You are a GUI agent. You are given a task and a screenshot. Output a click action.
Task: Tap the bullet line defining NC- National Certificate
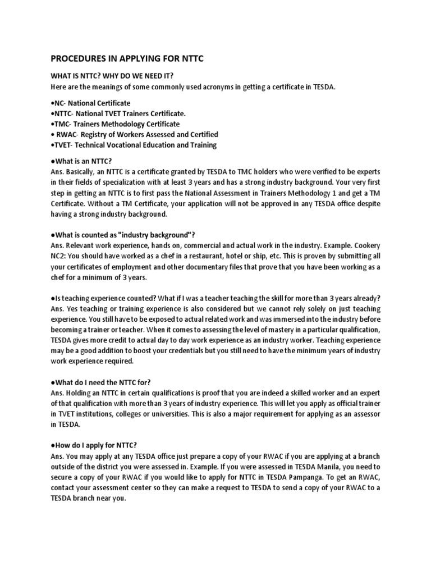(90, 103)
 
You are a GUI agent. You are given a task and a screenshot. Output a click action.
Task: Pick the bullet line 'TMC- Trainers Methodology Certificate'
(115, 124)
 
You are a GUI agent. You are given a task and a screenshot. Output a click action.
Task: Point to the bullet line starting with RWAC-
(135, 134)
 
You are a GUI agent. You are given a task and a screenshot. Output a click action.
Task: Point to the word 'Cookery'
(368, 244)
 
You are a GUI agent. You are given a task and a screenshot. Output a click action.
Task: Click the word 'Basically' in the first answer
(82, 171)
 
